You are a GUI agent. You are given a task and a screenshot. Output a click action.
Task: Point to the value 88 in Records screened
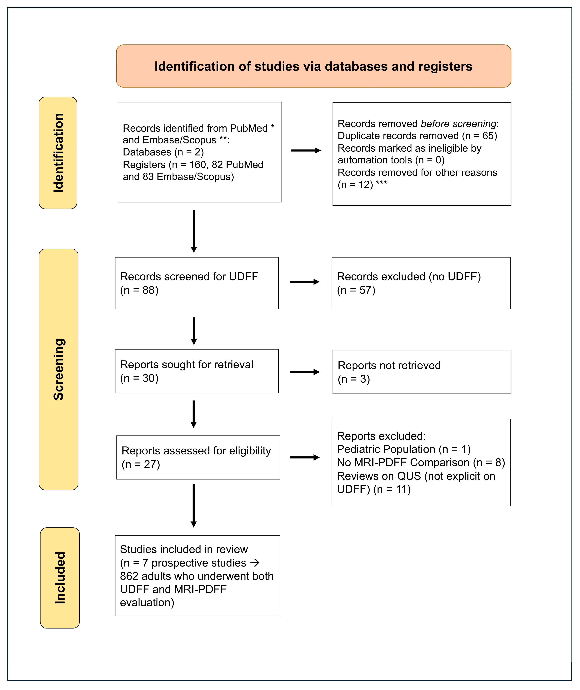coord(149,290)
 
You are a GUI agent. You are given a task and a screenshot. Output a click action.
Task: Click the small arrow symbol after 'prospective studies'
coord(255,563)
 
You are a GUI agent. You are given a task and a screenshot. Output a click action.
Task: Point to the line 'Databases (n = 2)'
coord(163,152)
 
